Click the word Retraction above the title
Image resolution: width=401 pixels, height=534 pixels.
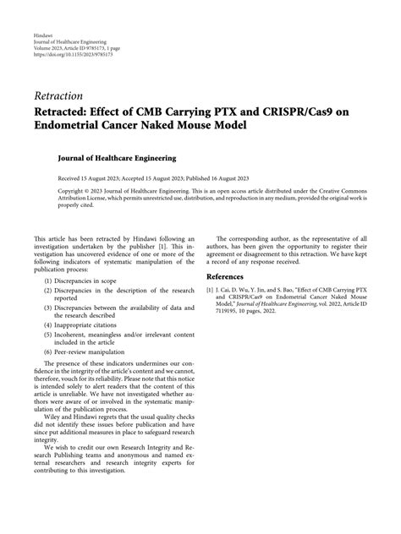click(59, 95)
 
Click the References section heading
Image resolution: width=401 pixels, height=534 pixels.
click(231, 276)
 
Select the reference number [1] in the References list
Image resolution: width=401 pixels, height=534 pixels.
click(211, 290)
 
